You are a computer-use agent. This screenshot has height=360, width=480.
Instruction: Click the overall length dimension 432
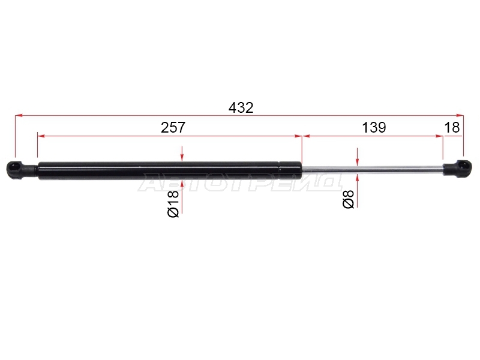[241, 108]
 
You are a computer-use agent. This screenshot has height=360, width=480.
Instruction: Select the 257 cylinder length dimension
[173, 127]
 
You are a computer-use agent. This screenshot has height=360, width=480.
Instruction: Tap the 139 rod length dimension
[374, 127]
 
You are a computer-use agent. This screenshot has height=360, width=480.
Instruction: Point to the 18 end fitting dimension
[452, 127]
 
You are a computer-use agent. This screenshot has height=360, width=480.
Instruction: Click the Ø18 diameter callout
[173, 203]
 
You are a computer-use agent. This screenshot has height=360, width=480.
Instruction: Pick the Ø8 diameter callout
[349, 199]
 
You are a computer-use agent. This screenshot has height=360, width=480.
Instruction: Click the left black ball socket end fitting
[22, 169]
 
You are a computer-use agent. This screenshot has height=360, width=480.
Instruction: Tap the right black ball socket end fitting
[457, 169]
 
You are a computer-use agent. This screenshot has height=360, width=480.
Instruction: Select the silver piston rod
[373, 170]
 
